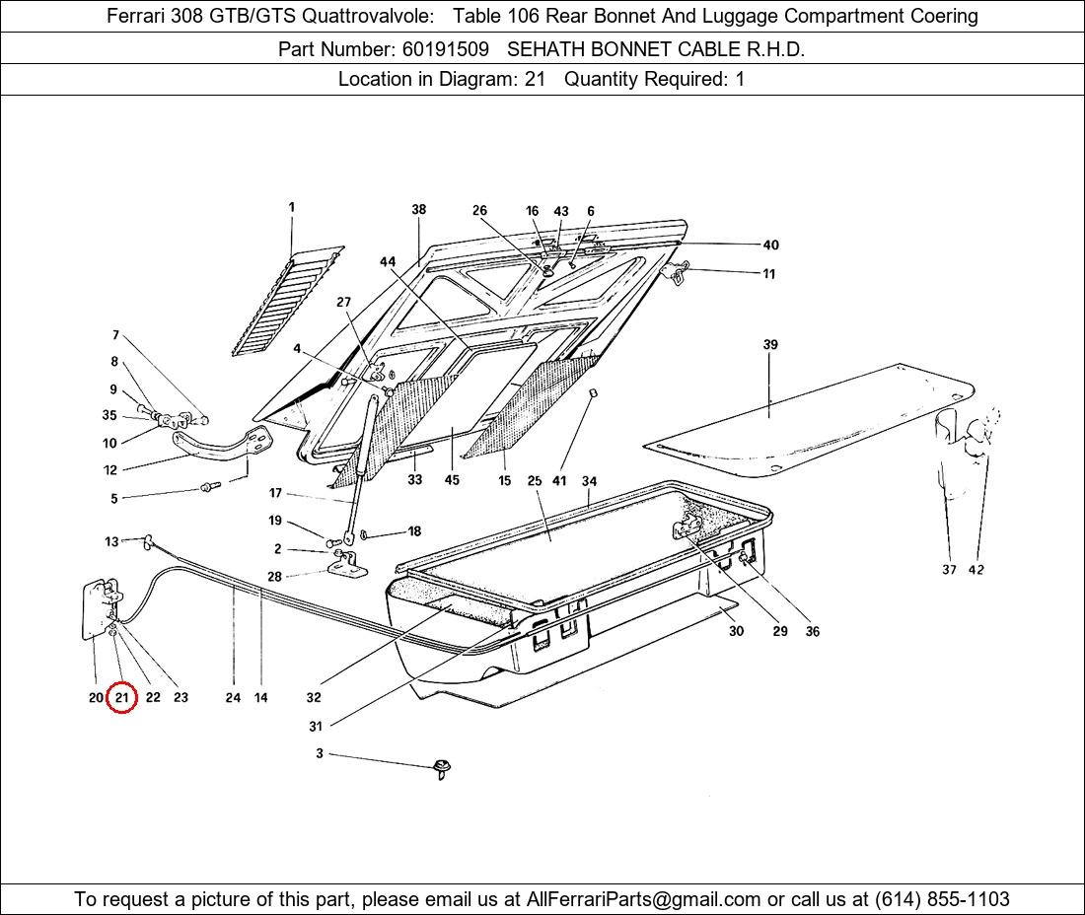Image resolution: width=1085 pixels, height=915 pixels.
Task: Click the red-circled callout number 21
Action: coord(121,697)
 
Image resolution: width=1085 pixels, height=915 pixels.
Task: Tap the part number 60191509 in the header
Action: coord(446,49)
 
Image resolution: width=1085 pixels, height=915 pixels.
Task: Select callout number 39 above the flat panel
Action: coord(770,344)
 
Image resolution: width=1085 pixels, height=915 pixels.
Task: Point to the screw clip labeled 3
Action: coord(442,768)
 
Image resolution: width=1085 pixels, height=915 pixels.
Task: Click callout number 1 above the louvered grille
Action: coord(292,207)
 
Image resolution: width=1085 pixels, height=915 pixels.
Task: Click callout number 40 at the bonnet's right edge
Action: coord(771,245)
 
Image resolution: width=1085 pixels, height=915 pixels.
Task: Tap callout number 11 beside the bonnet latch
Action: coord(768,274)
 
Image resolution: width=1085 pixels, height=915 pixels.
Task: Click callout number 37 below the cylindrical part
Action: coord(949,569)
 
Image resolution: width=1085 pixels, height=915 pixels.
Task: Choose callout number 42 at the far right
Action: coord(976,569)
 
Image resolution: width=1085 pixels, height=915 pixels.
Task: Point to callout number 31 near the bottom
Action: coord(316,727)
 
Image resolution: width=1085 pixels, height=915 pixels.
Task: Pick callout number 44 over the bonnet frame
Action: coord(388,261)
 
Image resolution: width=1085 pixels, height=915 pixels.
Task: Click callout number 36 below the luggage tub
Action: coord(813,631)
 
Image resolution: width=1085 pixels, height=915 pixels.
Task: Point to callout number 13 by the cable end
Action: coord(112,541)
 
